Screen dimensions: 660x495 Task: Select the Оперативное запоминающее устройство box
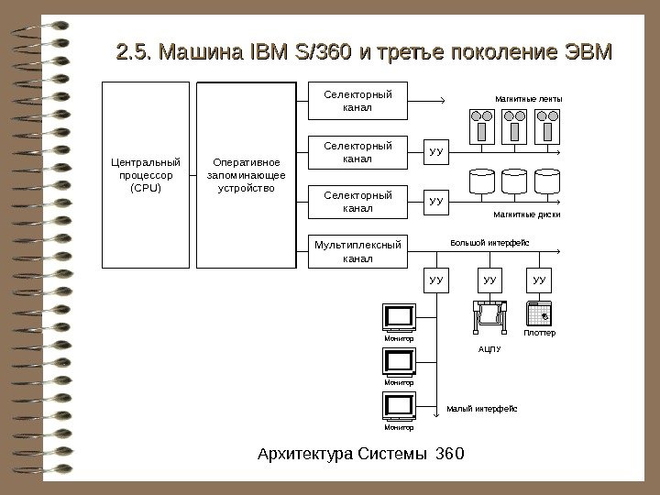[x=247, y=175]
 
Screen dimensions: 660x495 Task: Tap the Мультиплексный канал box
[x=357, y=250]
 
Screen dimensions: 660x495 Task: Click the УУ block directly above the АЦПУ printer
[x=489, y=278]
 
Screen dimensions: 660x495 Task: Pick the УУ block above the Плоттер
[x=538, y=278]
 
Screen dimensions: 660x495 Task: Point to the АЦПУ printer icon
[x=489, y=317]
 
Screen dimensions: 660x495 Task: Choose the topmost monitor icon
[x=400, y=317]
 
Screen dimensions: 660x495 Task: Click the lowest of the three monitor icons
[x=400, y=405]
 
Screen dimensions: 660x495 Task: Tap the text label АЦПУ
[x=489, y=349]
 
